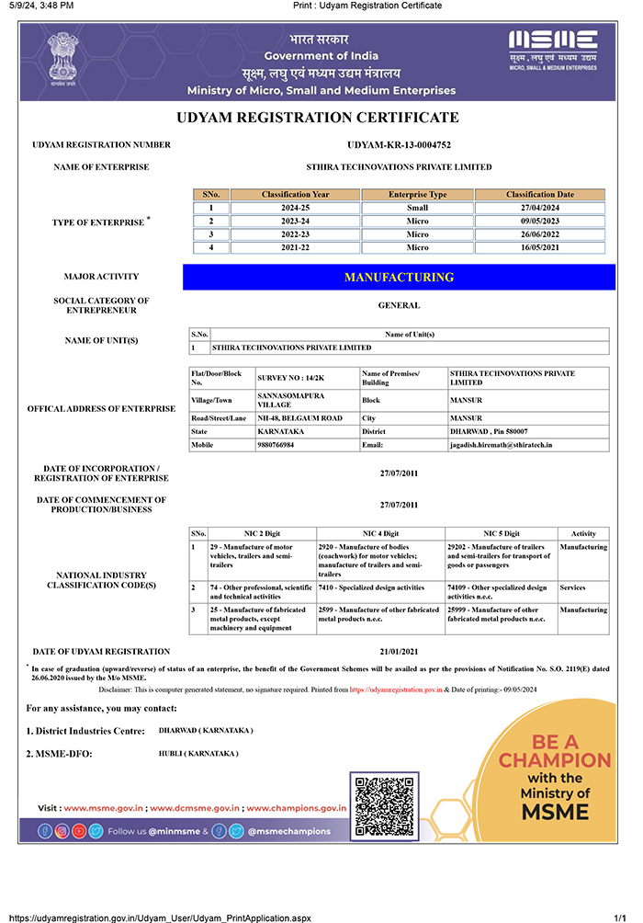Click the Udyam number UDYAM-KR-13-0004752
pos(399,145)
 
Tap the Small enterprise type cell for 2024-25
pos(417,208)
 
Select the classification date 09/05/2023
pos(539,222)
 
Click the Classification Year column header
pos(295,195)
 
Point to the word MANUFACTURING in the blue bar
pos(399,277)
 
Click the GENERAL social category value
pos(399,305)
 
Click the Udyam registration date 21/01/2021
pos(399,652)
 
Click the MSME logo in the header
pos(553,51)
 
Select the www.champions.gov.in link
pos(296,808)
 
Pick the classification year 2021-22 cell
pos(295,247)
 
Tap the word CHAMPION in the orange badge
pos(555,760)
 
